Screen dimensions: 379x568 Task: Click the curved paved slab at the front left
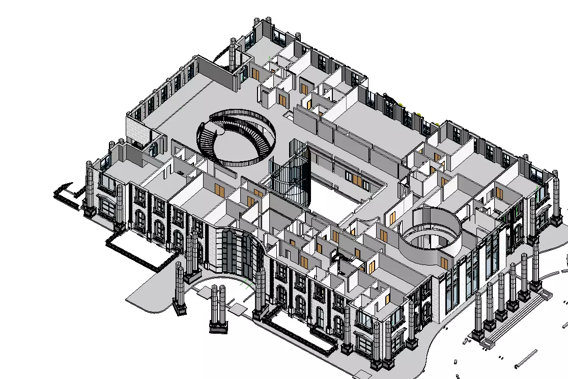[x=153, y=295]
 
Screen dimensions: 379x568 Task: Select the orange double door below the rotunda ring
[x=444, y=263]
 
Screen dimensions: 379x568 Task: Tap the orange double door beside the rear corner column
[x=255, y=74]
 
